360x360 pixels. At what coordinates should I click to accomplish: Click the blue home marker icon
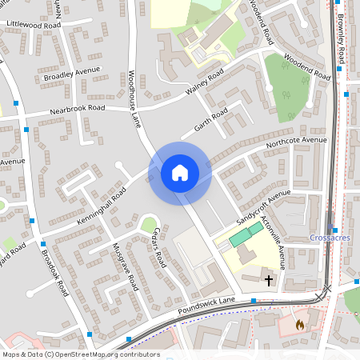180,172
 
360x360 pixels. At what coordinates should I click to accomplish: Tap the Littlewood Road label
34,26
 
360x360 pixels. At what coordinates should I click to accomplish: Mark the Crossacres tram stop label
330,238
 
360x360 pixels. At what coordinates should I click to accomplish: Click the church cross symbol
269,280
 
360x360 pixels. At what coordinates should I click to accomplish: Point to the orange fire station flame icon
300,325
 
